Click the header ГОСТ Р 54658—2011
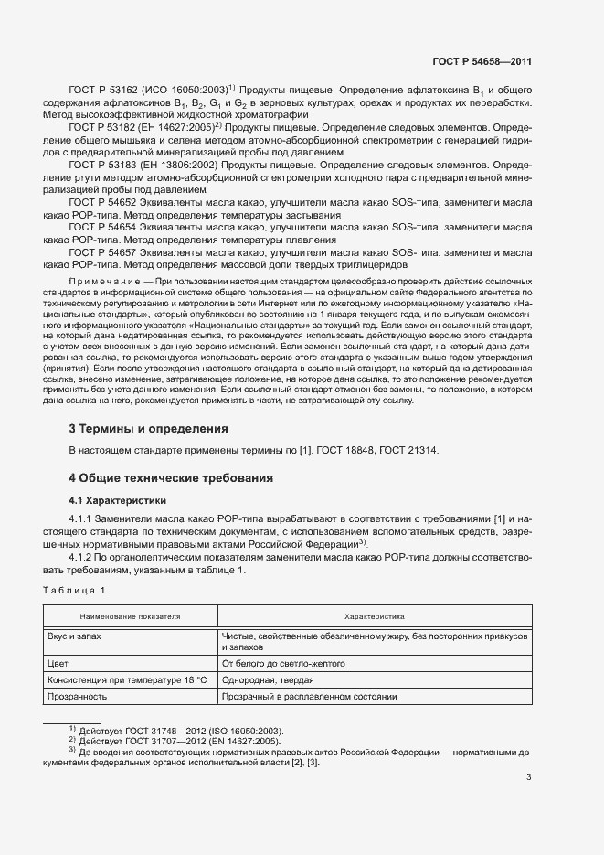tap(483, 62)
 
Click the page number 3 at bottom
tap(529, 778)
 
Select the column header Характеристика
tap(374, 617)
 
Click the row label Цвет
tap(58, 663)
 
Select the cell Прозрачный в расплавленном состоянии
tap(308, 697)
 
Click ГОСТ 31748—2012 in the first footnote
tap(157, 730)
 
